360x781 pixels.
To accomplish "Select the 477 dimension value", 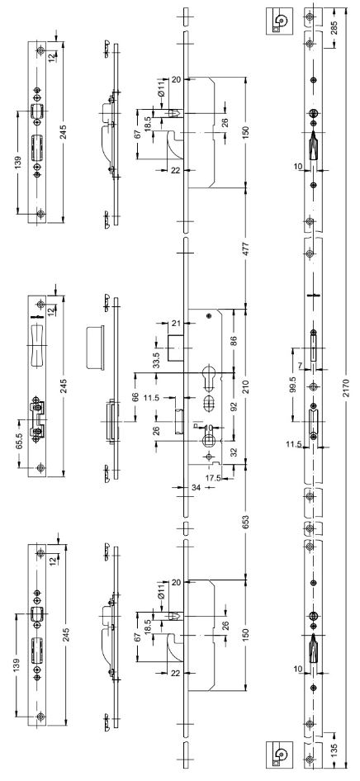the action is click(x=245, y=248).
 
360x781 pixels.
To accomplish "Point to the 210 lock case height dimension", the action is click(x=245, y=386).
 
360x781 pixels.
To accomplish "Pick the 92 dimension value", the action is click(x=234, y=406).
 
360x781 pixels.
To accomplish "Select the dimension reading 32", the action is click(x=234, y=452).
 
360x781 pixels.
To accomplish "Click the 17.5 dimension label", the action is click(x=211, y=477).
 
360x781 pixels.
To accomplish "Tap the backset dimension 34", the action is click(x=197, y=488).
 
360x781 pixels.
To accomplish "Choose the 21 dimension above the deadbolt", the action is click(x=175, y=324).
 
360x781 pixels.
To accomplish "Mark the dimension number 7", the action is click(x=301, y=366).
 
